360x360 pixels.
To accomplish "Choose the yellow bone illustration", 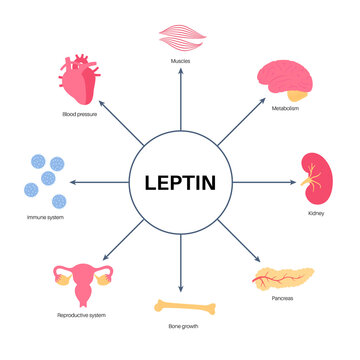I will click(180, 306).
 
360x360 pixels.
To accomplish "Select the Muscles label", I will click(180, 62).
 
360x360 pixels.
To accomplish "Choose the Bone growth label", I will click(180, 327).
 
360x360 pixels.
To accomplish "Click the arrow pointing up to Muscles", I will click(180, 100).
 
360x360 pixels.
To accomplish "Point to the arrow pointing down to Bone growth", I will click(180, 265).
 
